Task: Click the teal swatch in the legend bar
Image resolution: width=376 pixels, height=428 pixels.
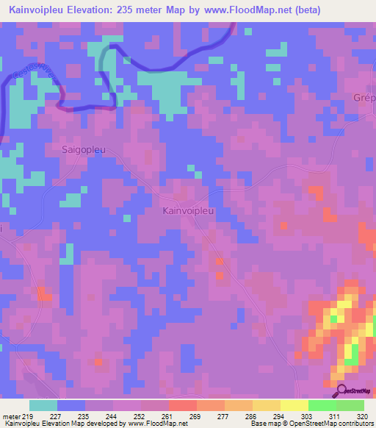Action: [x=43, y=405]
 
